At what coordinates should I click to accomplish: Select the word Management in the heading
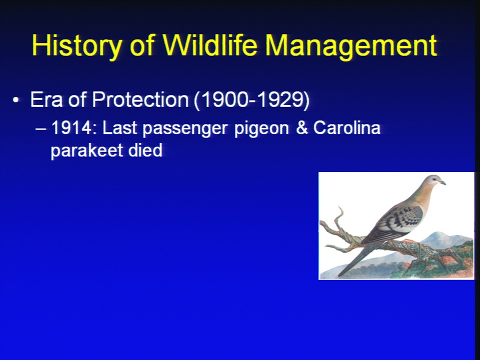pyautogui.click(x=351, y=46)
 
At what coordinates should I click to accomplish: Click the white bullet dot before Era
pyautogui.click(x=16, y=100)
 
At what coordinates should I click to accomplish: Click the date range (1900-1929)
pyautogui.click(x=251, y=100)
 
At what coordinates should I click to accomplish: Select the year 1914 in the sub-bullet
pyautogui.click(x=71, y=127)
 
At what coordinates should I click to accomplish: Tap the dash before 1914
pyautogui.click(x=40, y=129)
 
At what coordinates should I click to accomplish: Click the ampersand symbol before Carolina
pyautogui.click(x=301, y=127)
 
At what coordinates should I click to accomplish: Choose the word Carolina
pyautogui.click(x=346, y=127)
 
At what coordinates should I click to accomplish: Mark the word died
pyautogui.click(x=145, y=150)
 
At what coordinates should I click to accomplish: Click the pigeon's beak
pyautogui.click(x=442, y=182)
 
